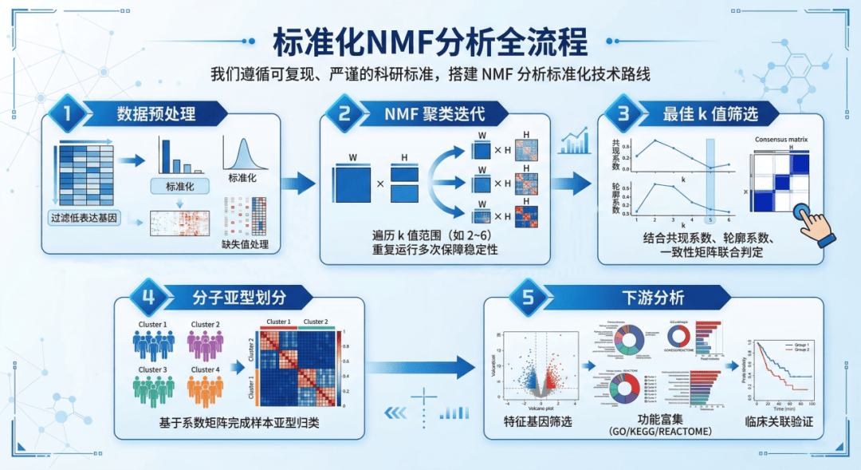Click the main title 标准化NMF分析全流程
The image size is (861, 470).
431,40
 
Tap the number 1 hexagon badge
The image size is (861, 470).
69,114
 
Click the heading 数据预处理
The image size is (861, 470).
155,114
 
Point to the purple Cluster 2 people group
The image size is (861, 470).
204,345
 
